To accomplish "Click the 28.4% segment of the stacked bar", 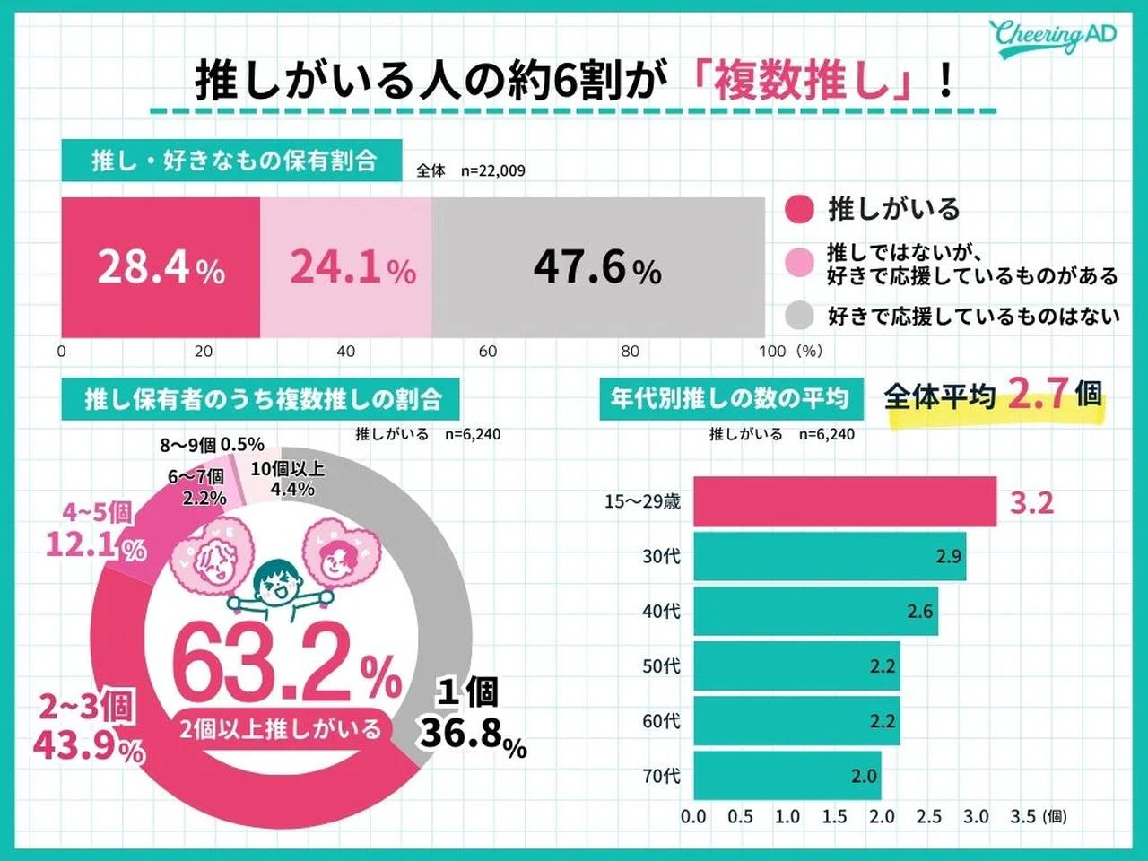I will pyautogui.click(x=161, y=267).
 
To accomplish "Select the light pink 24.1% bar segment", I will pyautogui.click(x=346, y=267).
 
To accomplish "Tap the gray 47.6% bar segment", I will pyautogui.click(x=597, y=267).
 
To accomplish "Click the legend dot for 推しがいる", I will pyautogui.click(x=798, y=209).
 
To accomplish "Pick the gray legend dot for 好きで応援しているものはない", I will pyautogui.click(x=798, y=316).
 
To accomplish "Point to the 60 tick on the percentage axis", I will pyautogui.click(x=488, y=352).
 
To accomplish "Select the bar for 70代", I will pyautogui.click(x=787, y=776).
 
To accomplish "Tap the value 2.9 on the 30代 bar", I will pyautogui.click(x=948, y=557).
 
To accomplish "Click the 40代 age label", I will pyautogui.click(x=661, y=612).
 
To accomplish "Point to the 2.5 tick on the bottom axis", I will pyautogui.click(x=928, y=817).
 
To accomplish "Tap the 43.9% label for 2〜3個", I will pyautogui.click(x=89, y=746).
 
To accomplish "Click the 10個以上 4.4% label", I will pyautogui.click(x=289, y=479).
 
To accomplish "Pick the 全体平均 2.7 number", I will pyautogui.click(x=1038, y=393).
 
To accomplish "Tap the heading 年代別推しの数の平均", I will pyautogui.click(x=729, y=398).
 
